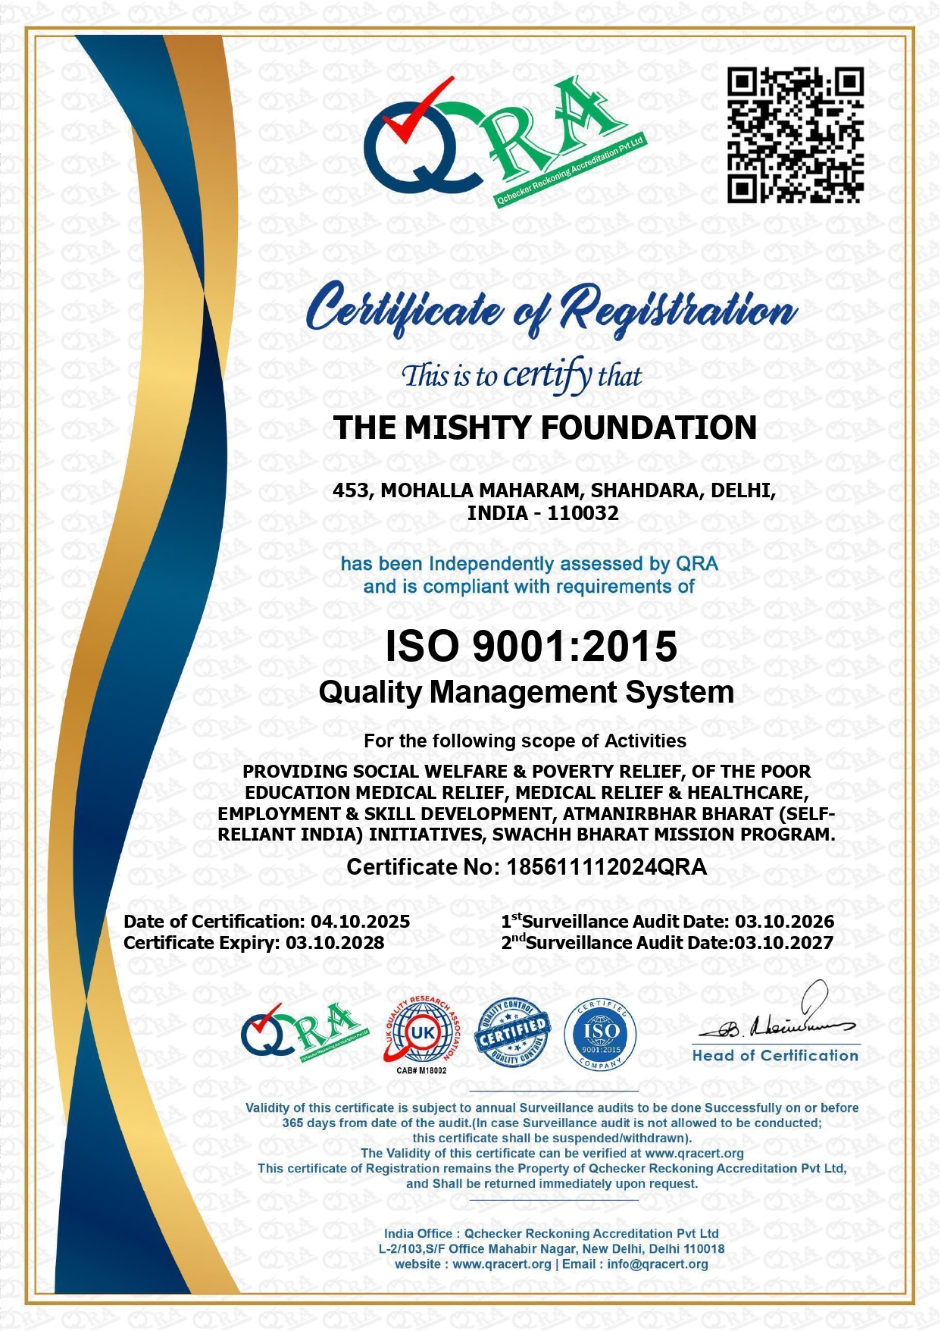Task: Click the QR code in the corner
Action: [x=796, y=135]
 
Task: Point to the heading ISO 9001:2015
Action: [x=531, y=647]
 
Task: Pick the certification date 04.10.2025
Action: [x=361, y=922]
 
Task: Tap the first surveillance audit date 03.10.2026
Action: [x=785, y=922]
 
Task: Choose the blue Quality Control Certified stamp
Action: [x=512, y=1032]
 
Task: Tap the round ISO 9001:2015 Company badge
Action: [x=601, y=1033]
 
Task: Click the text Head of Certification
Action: [x=775, y=1056]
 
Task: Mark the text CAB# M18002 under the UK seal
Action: [x=421, y=1070]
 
